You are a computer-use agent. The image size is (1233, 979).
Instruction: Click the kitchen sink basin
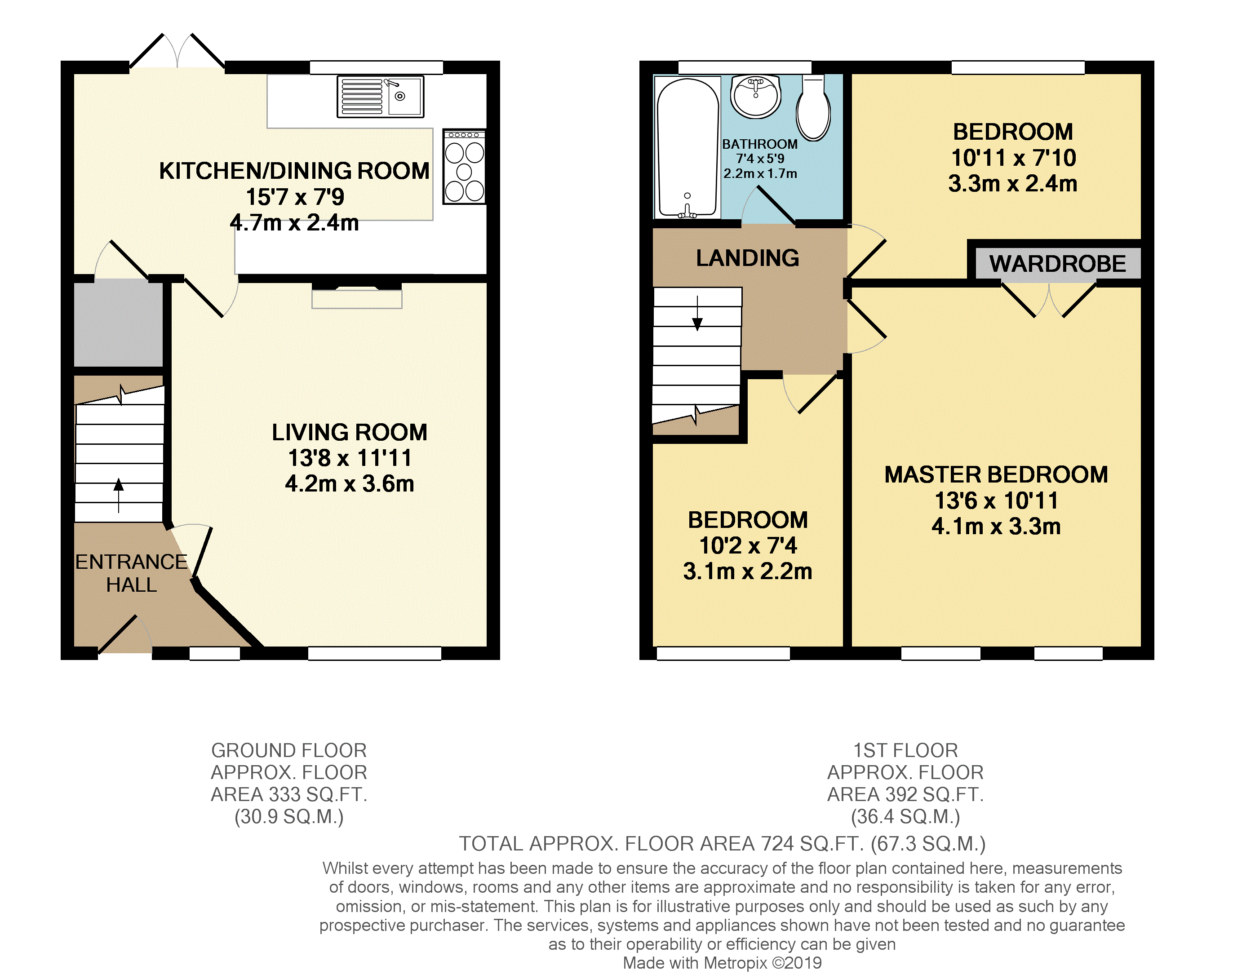405,96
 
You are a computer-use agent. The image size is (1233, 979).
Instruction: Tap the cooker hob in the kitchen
464,166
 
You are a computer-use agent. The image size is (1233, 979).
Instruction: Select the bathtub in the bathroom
687,147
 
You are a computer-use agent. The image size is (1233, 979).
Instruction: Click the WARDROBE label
1057,264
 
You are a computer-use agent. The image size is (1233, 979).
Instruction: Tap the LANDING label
747,258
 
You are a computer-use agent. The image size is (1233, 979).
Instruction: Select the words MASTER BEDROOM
996,474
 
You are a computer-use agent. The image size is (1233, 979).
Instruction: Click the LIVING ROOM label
350,432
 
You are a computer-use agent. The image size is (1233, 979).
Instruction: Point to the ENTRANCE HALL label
132,573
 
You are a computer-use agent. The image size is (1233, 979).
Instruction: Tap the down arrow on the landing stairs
697,313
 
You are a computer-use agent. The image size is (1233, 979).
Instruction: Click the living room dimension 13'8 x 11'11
350,458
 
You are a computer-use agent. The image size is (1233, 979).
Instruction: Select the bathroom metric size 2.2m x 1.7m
760,173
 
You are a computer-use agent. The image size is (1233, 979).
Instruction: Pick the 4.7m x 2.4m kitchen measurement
294,222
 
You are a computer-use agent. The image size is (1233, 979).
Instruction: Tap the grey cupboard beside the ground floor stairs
118,323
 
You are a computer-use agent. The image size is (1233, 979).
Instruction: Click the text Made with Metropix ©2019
722,963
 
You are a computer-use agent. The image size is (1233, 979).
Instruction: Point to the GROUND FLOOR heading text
289,750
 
